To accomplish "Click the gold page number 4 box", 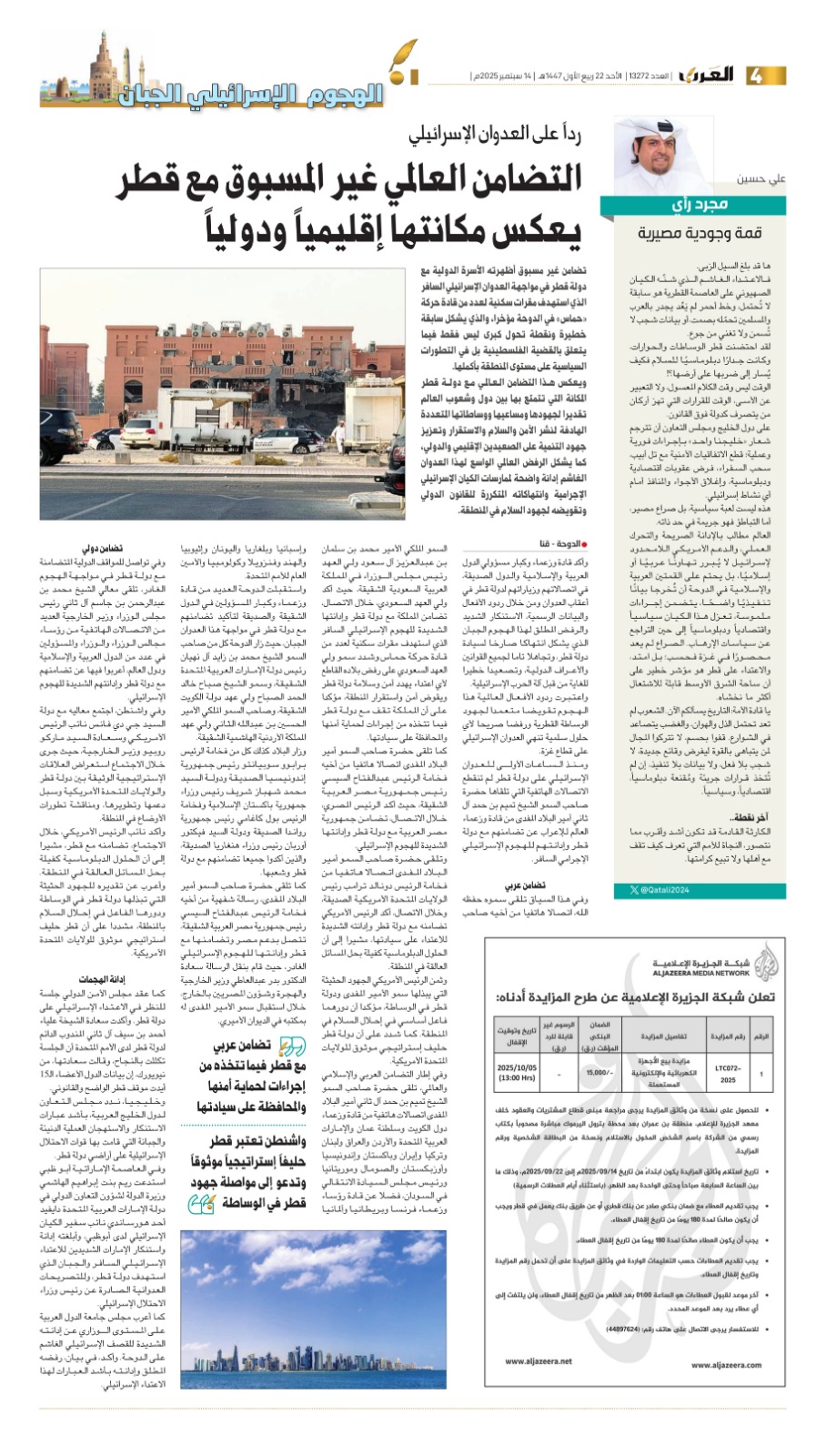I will point(760,75).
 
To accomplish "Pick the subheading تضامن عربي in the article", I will point(523,885).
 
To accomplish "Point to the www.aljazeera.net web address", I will point(539,1361).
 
